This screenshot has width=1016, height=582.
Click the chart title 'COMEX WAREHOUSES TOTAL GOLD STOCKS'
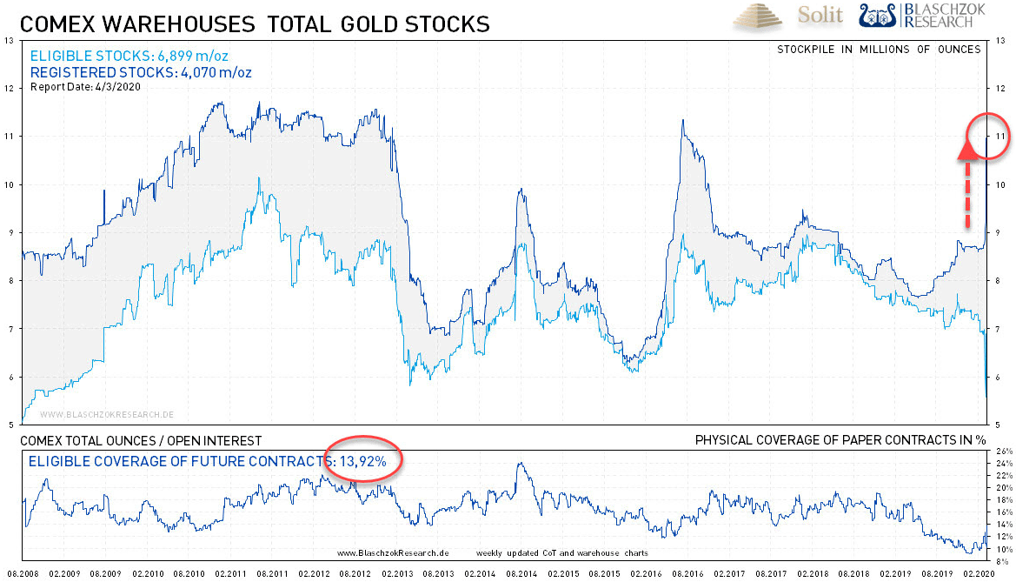pyautogui.click(x=255, y=23)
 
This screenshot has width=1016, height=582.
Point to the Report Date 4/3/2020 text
pyautogui.click(x=86, y=86)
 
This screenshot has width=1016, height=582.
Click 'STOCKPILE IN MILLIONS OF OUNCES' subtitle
pyautogui.click(x=879, y=49)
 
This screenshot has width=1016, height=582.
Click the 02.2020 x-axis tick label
pyautogui.click(x=979, y=574)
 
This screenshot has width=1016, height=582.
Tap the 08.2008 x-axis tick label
pyautogui.click(x=22, y=574)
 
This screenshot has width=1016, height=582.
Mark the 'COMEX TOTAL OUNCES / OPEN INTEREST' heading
pyautogui.click(x=141, y=441)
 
